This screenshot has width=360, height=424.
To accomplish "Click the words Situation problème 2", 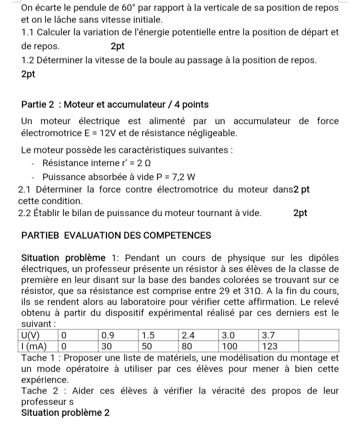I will [65, 413].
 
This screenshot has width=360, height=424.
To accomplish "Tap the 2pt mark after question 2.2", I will [300, 213].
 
